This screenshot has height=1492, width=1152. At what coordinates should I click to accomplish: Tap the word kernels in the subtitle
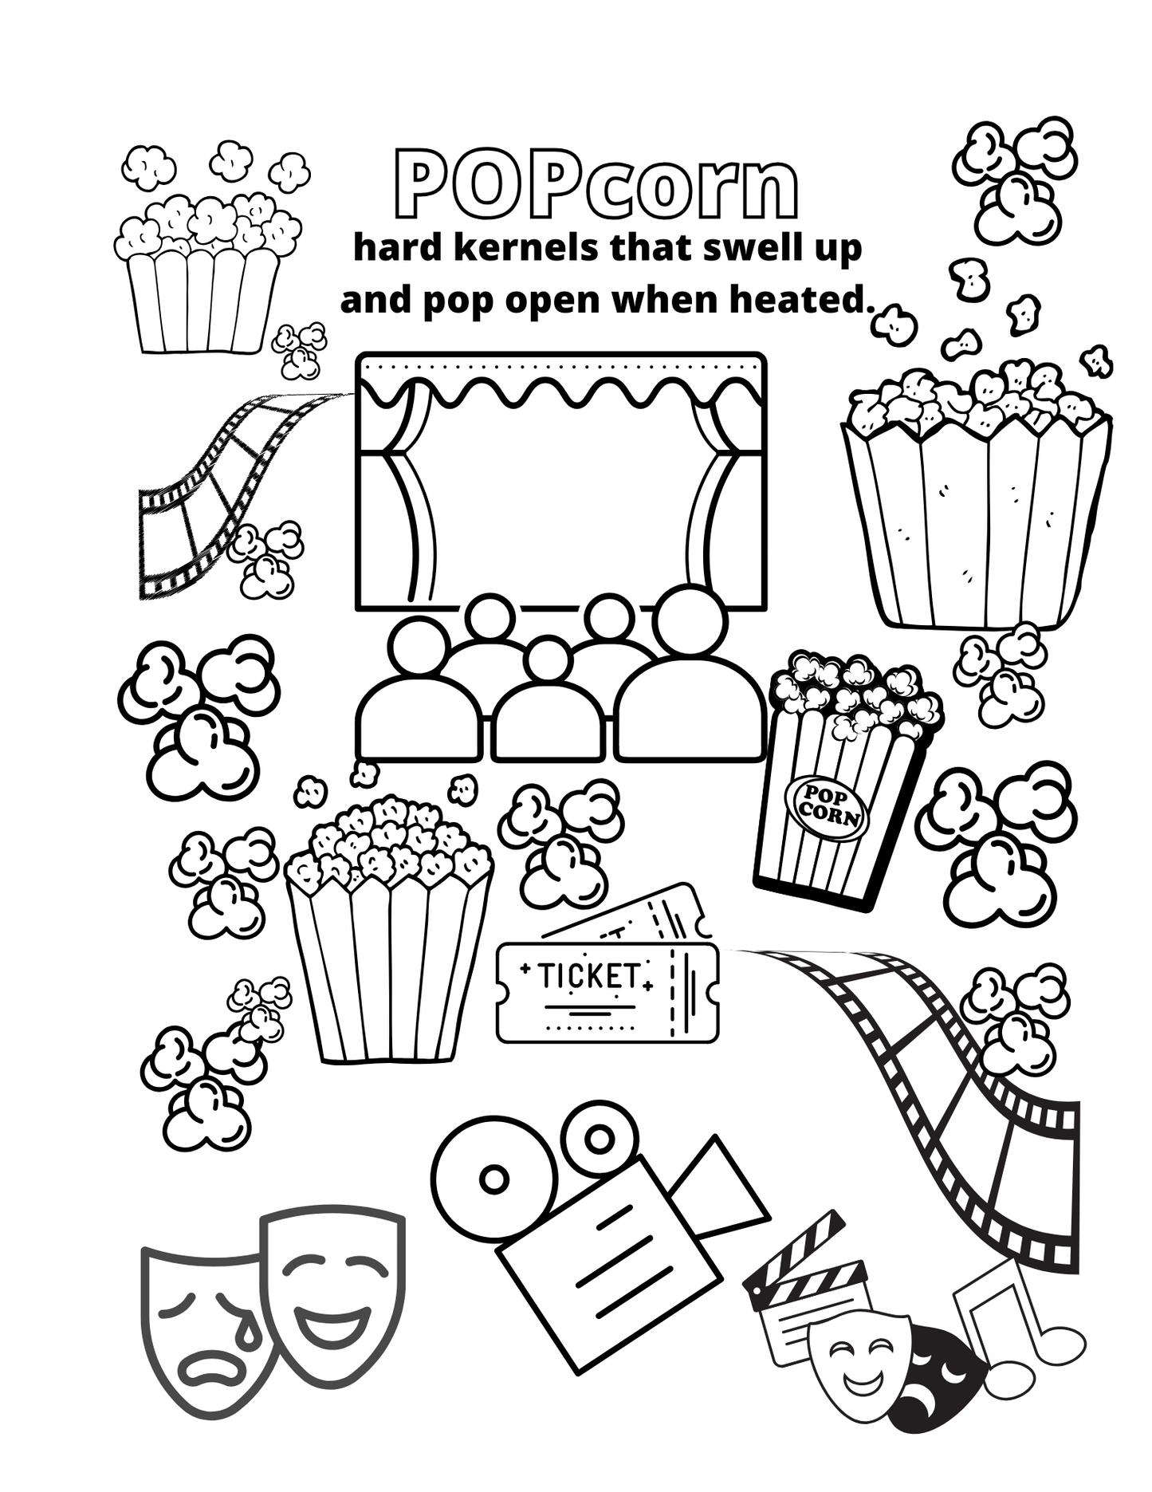point(527,248)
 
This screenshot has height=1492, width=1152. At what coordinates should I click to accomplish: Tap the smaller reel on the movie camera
point(600,1139)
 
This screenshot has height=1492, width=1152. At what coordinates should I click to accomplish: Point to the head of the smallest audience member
point(546,660)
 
